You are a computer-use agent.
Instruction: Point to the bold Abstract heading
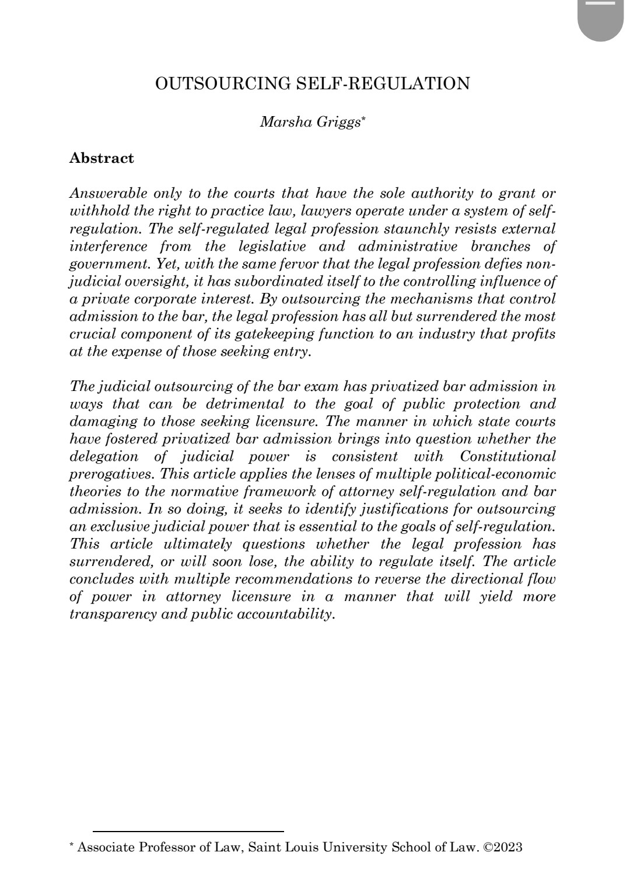tap(101, 158)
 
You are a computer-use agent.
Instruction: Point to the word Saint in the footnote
tap(263, 847)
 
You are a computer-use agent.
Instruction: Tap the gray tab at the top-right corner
tap(601, 18)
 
